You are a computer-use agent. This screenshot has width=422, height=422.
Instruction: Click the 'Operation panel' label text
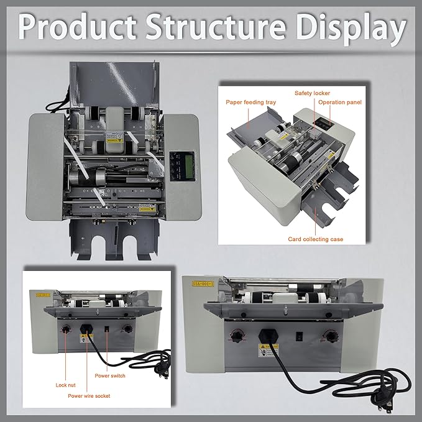point(340,101)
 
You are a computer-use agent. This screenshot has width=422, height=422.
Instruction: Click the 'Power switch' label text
point(110,375)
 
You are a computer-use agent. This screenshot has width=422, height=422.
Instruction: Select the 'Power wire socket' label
point(89,395)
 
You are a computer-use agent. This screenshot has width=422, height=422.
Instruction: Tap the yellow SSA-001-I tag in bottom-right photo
point(211,282)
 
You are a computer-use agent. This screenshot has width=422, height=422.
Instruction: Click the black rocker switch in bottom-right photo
point(300,337)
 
